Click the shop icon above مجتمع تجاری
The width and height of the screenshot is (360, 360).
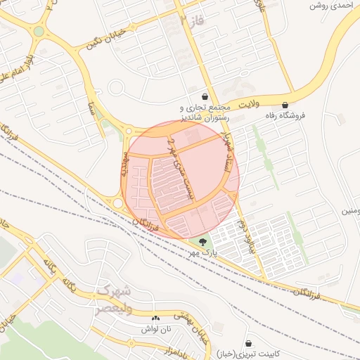click(205, 96)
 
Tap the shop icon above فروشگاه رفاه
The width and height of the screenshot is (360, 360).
click(285, 105)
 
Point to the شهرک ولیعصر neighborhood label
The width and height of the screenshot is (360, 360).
click(113, 296)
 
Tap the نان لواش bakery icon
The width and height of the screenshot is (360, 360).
click(155, 319)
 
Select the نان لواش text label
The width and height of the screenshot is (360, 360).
click(155, 329)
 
